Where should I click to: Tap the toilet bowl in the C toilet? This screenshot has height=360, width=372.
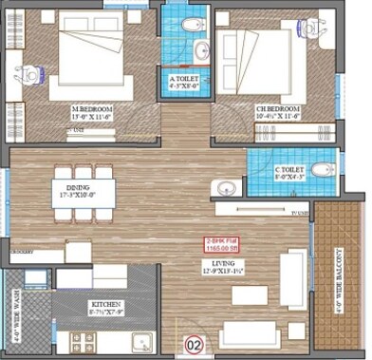click(x=320, y=172)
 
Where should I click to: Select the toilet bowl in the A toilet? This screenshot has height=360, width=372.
click(x=195, y=23)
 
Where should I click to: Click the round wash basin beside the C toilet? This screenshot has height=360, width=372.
click(x=225, y=188)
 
